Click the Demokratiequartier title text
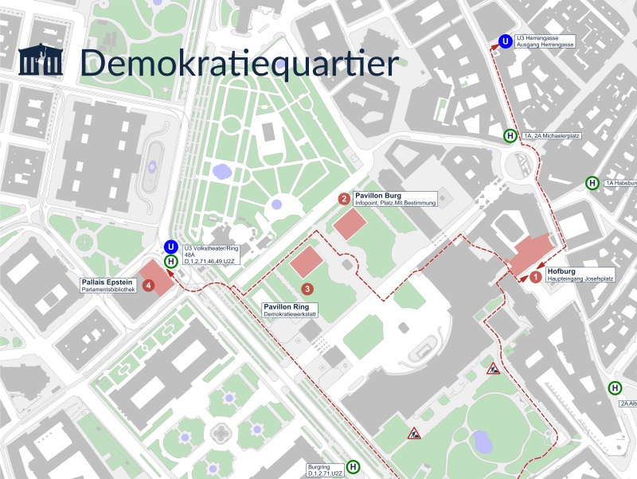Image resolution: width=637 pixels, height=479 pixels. (x=239, y=63)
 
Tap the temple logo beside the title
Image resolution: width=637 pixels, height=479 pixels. (x=41, y=61)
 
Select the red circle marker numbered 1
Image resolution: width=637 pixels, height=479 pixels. (x=536, y=277)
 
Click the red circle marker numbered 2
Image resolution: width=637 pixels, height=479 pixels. (x=344, y=199)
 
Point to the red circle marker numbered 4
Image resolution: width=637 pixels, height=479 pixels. (x=148, y=285)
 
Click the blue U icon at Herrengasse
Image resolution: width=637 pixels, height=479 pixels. (x=505, y=41)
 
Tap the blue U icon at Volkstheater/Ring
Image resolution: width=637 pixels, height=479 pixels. (x=170, y=247)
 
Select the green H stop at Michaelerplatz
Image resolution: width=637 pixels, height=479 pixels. (x=510, y=136)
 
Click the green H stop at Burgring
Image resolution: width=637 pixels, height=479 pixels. (x=354, y=467)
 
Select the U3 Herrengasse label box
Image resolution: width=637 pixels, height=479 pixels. (x=545, y=41)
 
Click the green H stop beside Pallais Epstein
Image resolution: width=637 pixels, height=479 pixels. (x=170, y=261)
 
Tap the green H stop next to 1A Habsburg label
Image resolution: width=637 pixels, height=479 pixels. (x=592, y=183)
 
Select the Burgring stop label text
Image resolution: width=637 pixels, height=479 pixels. (x=325, y=470)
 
